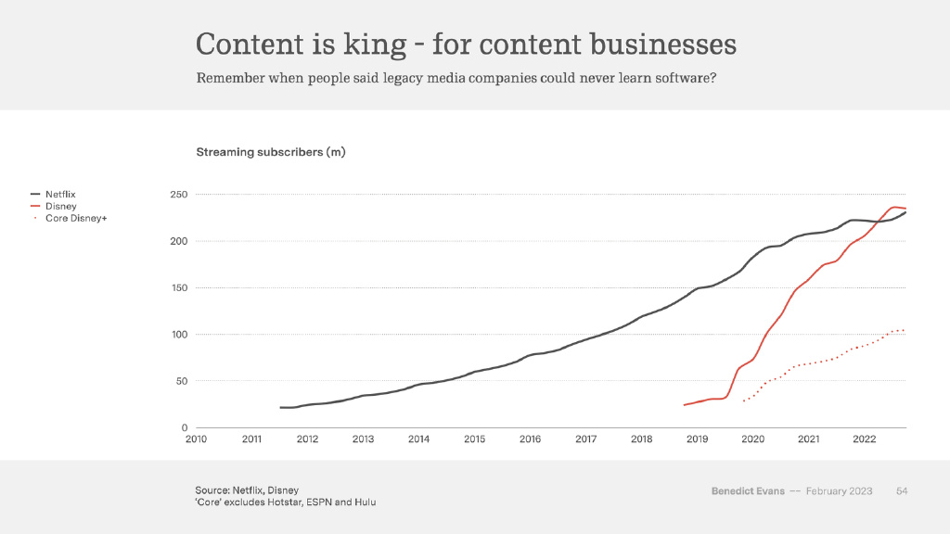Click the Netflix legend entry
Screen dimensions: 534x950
60,194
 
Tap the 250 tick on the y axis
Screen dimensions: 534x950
179,195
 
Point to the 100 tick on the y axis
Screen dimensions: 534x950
179,334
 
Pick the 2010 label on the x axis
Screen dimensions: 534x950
196,439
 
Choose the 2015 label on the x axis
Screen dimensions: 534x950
474,439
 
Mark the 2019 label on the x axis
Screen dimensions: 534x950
697,439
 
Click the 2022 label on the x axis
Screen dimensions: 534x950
864,439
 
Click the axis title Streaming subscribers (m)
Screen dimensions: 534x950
270,152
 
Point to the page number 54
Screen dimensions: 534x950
901,490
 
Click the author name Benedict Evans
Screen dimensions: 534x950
748,490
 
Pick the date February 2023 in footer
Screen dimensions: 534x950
839,490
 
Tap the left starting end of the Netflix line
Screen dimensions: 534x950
280,407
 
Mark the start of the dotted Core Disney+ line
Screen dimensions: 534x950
743,400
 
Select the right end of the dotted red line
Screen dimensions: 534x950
905,330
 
